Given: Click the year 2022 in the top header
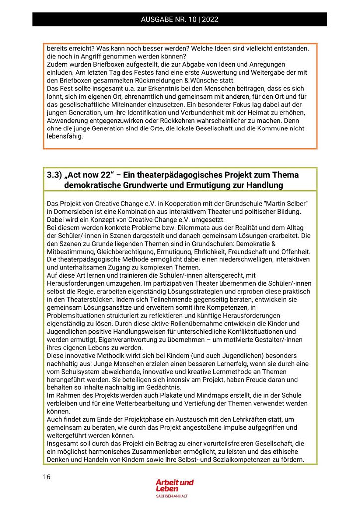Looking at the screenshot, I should point(210,20).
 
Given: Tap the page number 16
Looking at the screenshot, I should point(46,477).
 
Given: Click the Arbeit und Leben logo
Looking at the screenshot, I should point(174,485).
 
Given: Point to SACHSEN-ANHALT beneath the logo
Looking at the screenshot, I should point(172,496).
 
